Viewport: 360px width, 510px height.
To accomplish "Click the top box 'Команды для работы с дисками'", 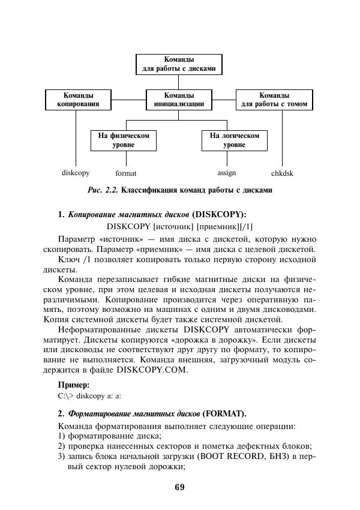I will click(179, 64).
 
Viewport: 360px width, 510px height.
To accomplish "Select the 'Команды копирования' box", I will click(78, 100).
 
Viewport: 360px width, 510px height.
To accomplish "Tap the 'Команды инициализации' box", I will click(179, 100).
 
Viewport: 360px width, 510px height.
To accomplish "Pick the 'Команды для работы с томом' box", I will click(274, 100).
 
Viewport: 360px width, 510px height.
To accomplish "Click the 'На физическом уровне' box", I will click(124, 140).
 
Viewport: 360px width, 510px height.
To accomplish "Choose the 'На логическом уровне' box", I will click(234, 140).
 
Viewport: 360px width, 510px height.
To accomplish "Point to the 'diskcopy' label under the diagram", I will click(76, 173).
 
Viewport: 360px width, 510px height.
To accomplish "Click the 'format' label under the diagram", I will click(126, 173).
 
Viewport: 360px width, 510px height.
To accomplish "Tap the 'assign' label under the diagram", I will click(226, 173).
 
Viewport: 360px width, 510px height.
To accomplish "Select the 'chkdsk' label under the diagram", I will click(282, 173).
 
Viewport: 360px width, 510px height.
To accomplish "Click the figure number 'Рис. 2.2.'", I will click(103, 191).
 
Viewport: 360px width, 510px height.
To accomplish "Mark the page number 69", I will click(179, 487).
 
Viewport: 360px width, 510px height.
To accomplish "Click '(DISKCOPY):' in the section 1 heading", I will click(219, 214).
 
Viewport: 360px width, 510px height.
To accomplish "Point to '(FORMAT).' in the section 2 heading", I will click(224, 414).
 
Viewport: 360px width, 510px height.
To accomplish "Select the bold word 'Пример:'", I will click(74, 385).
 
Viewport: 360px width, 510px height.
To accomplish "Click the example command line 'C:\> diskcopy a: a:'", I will click(91, 396).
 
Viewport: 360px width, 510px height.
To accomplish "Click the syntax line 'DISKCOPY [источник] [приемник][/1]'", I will click(180, 226).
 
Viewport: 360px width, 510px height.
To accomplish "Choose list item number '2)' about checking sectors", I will click(62, 446).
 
